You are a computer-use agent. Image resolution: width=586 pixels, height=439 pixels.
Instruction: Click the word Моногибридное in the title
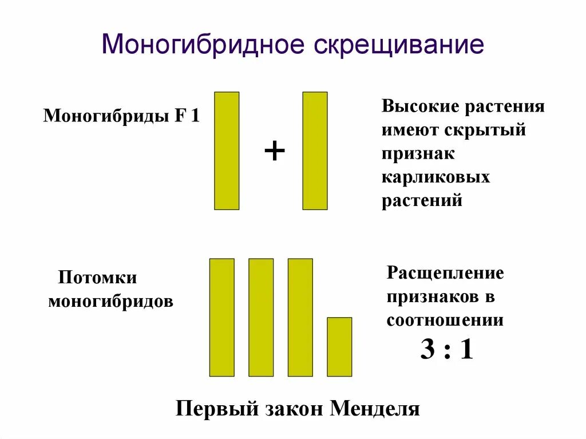tap(203, 45)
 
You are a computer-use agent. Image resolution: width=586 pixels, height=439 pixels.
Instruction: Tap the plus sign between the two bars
tap(274, 152)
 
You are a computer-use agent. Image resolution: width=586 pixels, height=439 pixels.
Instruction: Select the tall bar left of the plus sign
tap(227, 151)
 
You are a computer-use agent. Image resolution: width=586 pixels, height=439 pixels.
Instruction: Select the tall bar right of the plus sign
tap(315, 151)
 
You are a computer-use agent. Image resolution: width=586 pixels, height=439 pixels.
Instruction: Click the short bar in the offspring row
tap(339, 346)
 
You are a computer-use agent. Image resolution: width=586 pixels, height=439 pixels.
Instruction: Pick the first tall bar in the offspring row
tap(222, 317)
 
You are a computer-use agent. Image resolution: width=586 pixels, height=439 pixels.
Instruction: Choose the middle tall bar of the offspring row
tap(261, 317)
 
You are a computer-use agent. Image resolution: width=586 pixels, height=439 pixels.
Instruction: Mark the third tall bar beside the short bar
tap(300, 317)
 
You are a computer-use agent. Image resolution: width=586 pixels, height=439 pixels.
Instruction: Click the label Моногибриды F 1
tap(121, 117)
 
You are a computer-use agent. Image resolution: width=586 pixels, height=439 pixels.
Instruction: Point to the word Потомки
tap(97, 278)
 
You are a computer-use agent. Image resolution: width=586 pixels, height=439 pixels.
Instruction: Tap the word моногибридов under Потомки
tap(110, 302)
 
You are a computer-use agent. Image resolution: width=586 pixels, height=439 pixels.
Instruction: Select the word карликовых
tap(436, 177)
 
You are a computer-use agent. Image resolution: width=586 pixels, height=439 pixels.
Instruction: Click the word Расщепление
tap(445, 273)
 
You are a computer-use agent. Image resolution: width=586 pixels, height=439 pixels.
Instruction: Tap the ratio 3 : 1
tap(446, 350)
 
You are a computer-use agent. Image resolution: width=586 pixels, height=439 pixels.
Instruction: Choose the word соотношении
tap(445, 321)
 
